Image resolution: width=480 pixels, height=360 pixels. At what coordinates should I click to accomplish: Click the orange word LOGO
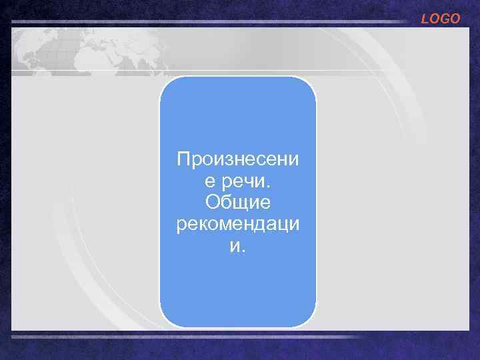pos(441,19)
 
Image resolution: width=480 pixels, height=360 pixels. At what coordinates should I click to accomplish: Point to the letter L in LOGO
pos(425,19)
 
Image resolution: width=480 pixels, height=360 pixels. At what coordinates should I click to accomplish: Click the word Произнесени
pos(238,159)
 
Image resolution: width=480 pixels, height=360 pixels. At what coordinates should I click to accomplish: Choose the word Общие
pos(238,203)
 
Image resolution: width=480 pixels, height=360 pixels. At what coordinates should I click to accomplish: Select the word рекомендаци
pos(238,225)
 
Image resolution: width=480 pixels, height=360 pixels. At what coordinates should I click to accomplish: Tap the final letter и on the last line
pos(234,247)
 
